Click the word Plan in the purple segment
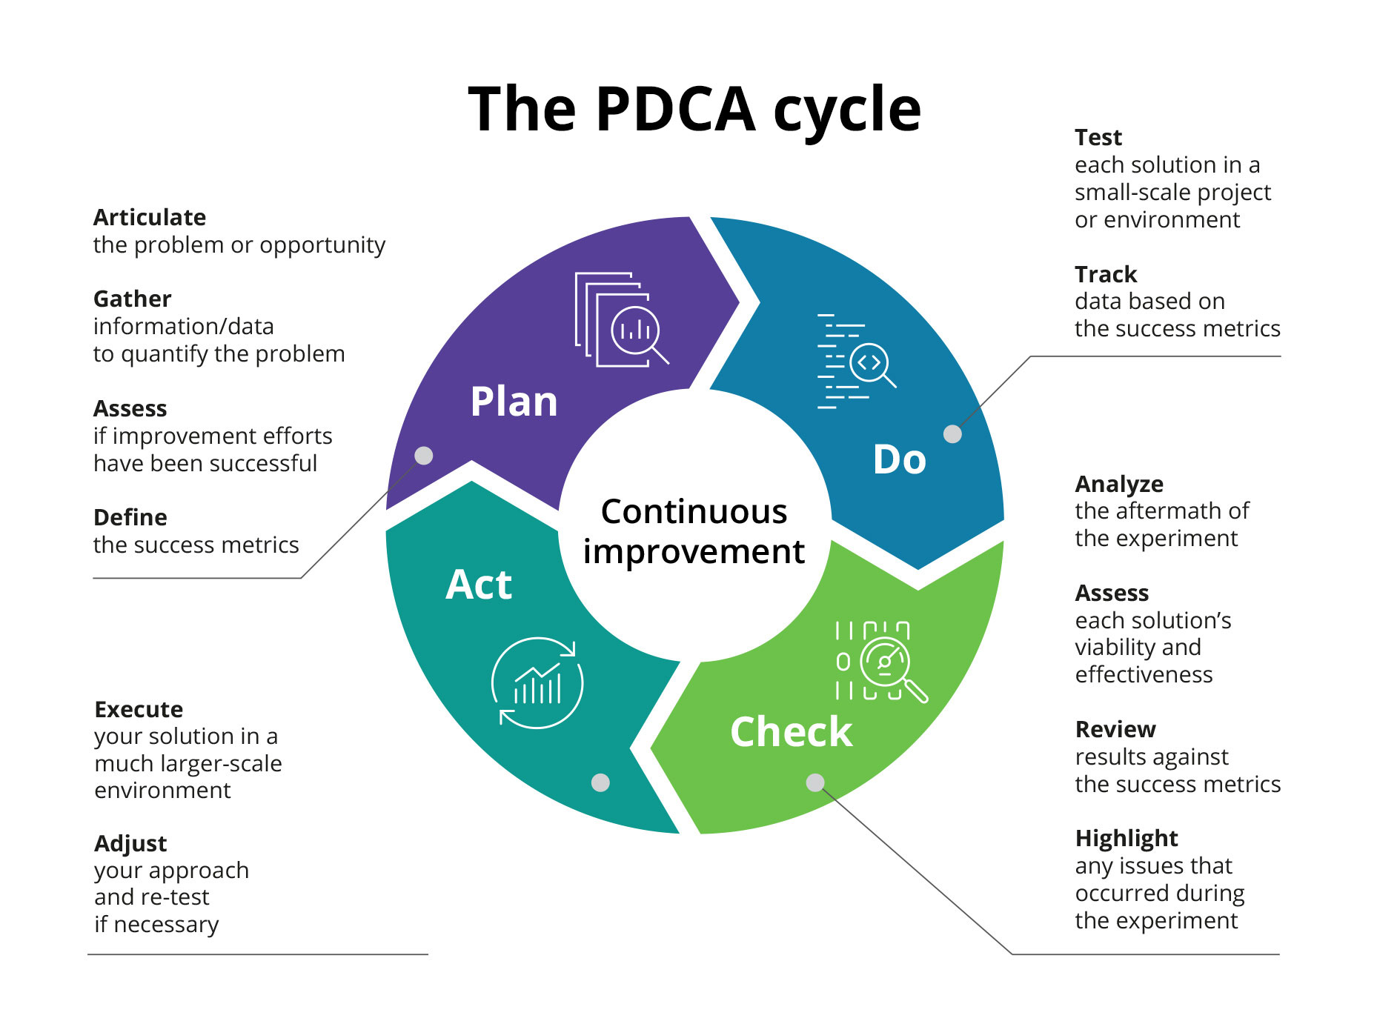point(514,402)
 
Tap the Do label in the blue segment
point(899,459)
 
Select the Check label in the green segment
point(791,732)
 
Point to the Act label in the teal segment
point(478,585)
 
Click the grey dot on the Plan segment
point(424,455)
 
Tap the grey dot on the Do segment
point(952,434)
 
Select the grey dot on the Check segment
point(815,782)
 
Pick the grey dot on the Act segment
point(600,782)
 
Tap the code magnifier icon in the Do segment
point(856,362)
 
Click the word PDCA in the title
point(674,110)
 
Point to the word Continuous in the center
point(694,511)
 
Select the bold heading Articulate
point(150,217)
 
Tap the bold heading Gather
point(132,299)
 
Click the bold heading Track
point(1105,274)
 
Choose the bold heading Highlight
point(1126,838)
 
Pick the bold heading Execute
point(139,709)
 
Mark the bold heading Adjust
point(130,843)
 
